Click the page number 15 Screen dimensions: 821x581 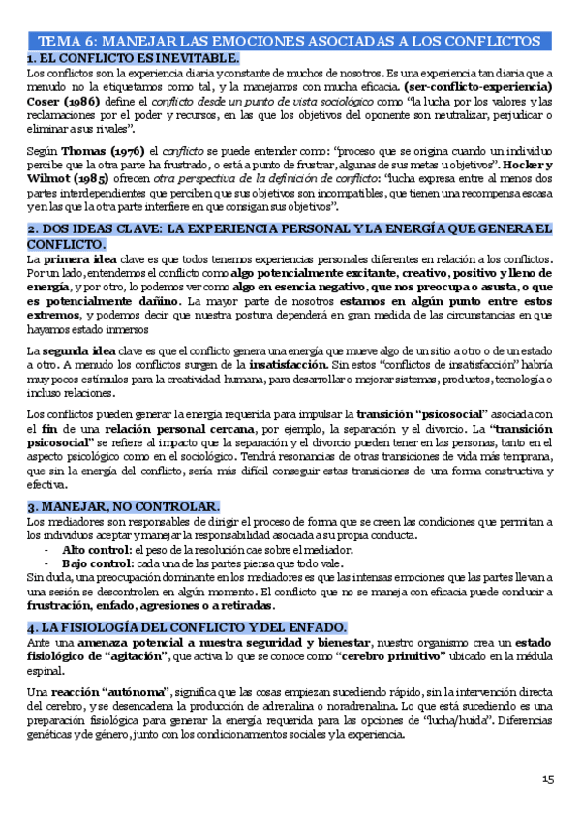[x=547, y=780]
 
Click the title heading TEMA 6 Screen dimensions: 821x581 [x=289, y=43]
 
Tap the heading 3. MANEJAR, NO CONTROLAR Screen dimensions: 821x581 [x=123, y=506]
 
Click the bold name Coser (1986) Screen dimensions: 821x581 [x=61, y=102]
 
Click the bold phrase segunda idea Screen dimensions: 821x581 [x=82, y=350]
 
